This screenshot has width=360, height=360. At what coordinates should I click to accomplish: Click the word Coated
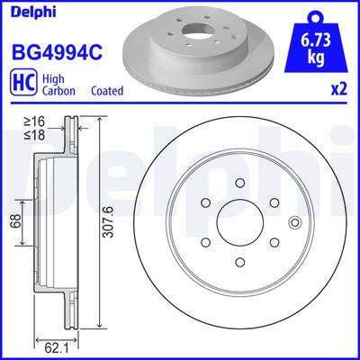click(x=107, y=91)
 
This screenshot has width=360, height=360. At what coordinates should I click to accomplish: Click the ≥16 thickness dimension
click(x=33, y=120)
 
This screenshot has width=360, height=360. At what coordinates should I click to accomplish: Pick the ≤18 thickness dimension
click(x=33, y=134)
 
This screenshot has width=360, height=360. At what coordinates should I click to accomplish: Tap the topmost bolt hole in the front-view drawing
click(x=239, y=183)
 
